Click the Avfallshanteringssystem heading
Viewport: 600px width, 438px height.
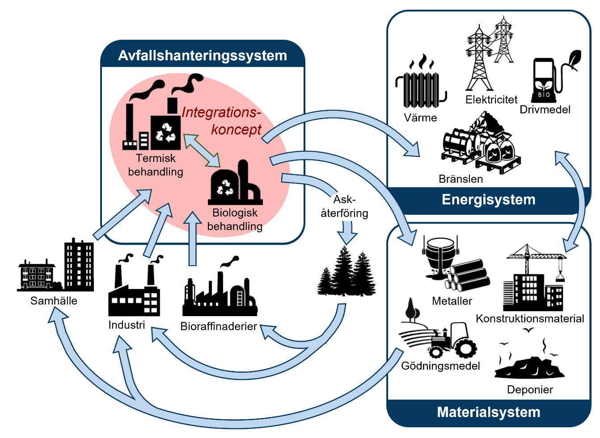(x=202, y=55)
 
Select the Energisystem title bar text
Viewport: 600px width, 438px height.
(x=488, y=199)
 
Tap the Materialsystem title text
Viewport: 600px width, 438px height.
(x=488, y=412)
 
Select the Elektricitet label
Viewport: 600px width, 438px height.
(x=491, y=99)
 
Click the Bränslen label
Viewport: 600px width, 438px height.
(x=461, y=179)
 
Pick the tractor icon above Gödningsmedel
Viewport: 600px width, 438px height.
(x=452, y=339)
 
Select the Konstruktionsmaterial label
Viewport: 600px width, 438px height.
(x=530, y=318)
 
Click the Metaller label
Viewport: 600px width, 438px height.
(x=452, y=301)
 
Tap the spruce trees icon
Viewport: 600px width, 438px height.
(x=346, y=272)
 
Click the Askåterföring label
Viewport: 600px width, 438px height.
(x=344, y=206)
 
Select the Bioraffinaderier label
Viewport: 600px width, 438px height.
(x=218, y=326)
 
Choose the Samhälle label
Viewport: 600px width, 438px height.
(x=54, y=300)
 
